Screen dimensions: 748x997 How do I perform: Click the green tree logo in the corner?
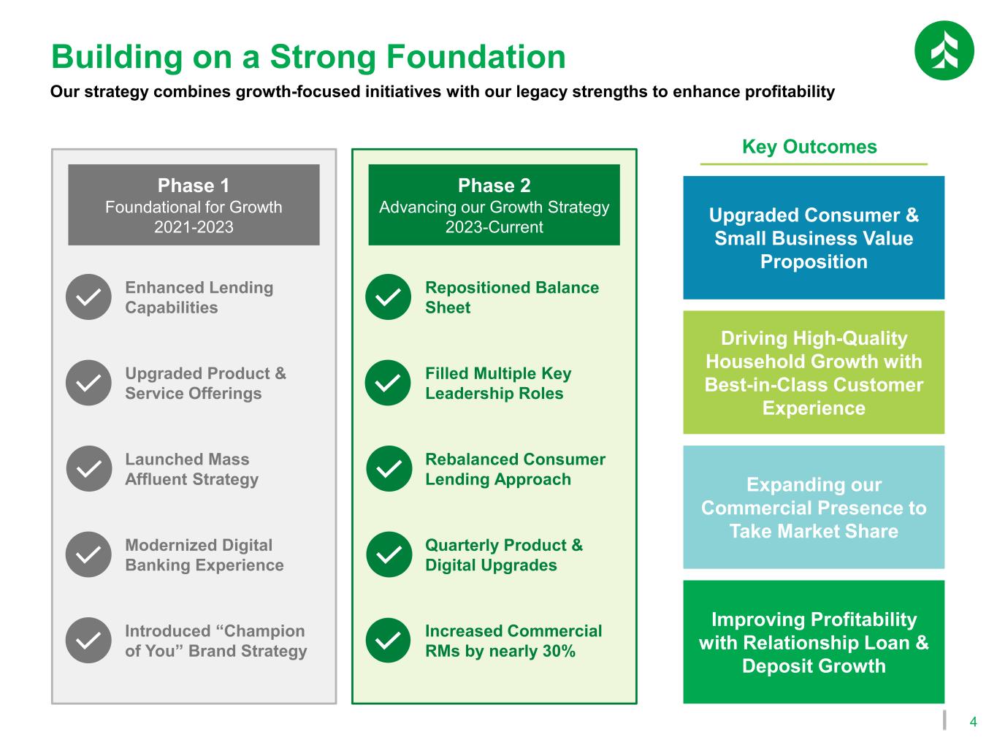944,50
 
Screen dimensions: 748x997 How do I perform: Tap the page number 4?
973,722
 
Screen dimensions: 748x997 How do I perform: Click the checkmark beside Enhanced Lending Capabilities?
88,297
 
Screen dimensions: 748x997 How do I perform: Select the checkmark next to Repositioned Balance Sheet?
389,297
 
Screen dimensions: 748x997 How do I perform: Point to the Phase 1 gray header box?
194,205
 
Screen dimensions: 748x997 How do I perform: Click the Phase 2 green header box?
494,205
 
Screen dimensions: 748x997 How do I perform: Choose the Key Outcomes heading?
809,147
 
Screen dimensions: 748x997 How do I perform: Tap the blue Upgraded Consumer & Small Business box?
814,238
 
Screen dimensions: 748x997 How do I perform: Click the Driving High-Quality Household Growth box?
814,373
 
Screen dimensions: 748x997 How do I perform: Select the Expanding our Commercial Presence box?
814,508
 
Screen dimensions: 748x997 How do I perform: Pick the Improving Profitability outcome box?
814,642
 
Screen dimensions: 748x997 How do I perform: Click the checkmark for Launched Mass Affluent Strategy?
88,468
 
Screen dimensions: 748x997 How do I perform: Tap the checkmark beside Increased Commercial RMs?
389,640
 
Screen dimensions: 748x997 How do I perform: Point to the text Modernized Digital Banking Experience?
205,555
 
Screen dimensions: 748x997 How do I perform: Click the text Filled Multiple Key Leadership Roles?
498,383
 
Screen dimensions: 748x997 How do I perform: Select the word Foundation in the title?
475,57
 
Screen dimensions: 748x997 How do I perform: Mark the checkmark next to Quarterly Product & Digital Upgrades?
389,554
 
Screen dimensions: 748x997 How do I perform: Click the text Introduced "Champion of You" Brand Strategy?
215,641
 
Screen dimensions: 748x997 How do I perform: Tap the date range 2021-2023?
194,227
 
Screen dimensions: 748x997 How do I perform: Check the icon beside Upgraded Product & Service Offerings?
88,383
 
